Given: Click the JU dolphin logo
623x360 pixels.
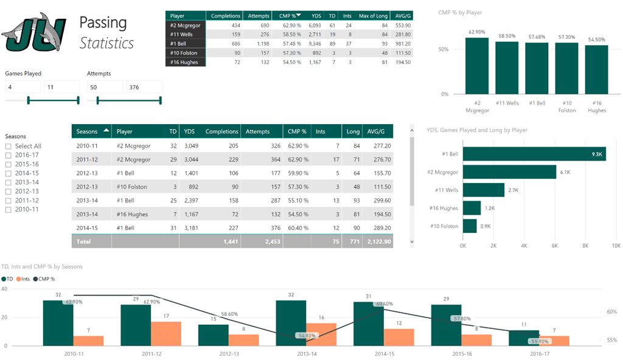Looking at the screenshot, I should (x=34, y=33).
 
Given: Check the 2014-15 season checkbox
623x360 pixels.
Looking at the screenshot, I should (x=9, y=173).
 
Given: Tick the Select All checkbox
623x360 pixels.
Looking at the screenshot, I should (x=9, y=146).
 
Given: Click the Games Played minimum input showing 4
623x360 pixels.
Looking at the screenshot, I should (x=22, y=88).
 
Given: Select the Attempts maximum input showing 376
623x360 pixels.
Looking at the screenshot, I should (x=144, y=88).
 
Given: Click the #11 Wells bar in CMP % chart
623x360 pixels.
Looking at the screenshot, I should (x=507, y=67).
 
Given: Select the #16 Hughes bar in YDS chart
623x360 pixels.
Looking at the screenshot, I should (x=472, y=208).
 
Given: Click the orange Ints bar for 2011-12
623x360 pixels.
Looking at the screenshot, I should (x=165, y=333).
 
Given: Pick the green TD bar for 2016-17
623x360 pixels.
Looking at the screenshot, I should (x=524, y=337).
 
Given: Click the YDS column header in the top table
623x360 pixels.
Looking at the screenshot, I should (x=316, y=16).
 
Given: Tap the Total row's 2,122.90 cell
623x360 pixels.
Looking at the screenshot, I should (x=378, y=241).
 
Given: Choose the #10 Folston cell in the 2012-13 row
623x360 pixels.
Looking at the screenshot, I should (x=132, y=187).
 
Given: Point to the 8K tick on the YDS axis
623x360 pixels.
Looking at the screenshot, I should (x=585, y=246).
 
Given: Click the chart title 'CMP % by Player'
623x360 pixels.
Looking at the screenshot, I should (x=460, y=13).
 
